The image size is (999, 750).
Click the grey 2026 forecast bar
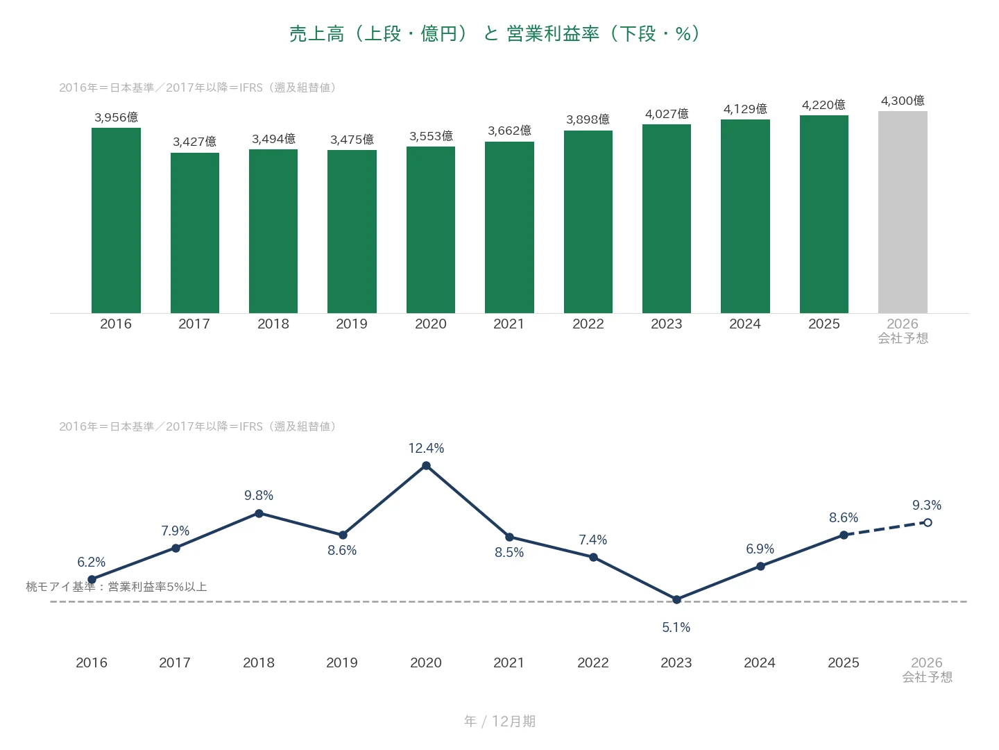[x=902, y=212]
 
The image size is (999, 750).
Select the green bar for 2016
[x=116, y=220]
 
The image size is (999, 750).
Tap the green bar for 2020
[x=430, y=229]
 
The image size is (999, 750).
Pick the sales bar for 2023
[x=666, y=219]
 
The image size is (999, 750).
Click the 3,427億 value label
[x=194, y=142]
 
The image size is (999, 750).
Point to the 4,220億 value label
[x=823, y=105]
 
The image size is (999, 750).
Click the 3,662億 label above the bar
[x=509, y=131]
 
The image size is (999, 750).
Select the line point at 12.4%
[x=426, y=465]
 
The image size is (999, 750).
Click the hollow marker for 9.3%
[x=927, y=522]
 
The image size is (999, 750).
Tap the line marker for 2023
[x=676, y=599]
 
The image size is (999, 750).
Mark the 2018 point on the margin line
[x=259, y=513]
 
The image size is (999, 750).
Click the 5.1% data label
[x=676, y=627]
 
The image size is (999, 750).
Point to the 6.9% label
[x=760, y=549]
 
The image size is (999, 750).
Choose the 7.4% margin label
[x=592, y=540]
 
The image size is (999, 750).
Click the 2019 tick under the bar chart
[x=351, y=324]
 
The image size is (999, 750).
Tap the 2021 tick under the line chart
[x=509, y=662]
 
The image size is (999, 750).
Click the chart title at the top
[x=495, y=34]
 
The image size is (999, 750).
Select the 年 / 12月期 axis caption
[x=499, y=721]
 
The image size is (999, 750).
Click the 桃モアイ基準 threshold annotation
[x=116, y=587]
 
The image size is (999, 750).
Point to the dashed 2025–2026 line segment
[x=885, y=528]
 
